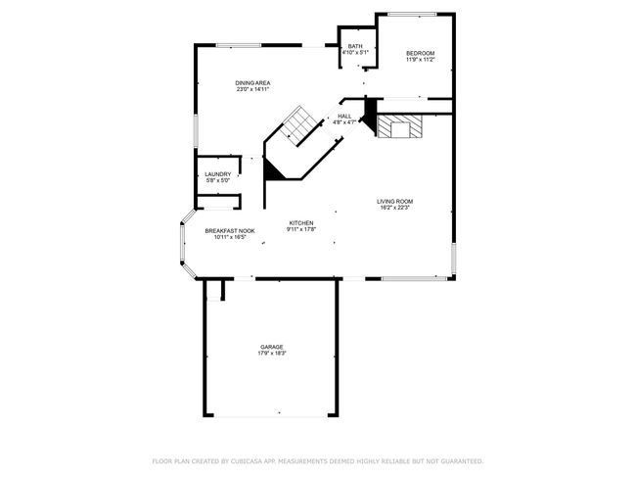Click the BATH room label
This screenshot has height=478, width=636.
[355, 46]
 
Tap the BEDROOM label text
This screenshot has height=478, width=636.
[420, 53]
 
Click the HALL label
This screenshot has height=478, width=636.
[344, 117]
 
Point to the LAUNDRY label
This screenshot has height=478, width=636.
[218, 174]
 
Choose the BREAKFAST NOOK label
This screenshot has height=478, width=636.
[230, 231]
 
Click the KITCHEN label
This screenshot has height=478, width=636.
[301, 223]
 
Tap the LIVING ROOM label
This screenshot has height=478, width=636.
[394, 202]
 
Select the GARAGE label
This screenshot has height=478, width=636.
[272, 347]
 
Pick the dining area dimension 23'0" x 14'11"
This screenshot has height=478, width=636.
[252, 89]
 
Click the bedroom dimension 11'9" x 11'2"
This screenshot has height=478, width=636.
[420, 60]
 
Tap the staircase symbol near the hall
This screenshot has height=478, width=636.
[299, 125]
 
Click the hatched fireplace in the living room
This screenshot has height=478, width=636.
[399, 126]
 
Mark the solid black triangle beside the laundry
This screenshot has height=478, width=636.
[272, 169]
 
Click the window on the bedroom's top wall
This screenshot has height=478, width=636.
[412, 15]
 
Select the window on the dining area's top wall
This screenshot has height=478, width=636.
[239, 45]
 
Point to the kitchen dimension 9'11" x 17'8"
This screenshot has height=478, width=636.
[301, 229]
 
